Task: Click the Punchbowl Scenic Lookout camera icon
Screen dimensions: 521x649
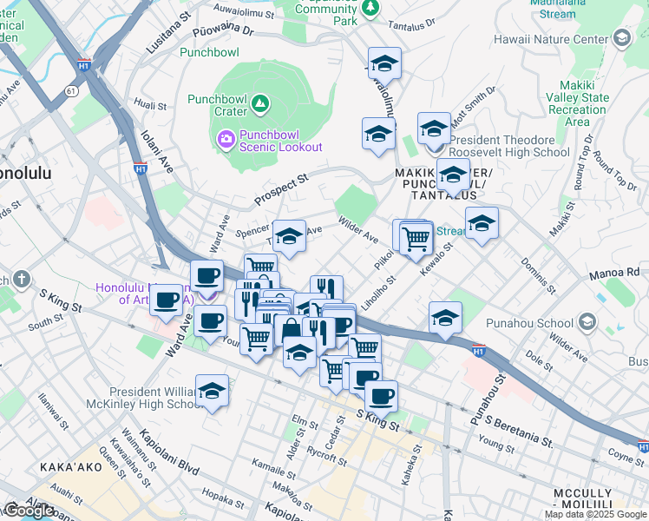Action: [226, 138]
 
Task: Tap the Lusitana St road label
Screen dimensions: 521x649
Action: [168, 34]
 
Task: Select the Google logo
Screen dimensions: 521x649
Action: [29, 511]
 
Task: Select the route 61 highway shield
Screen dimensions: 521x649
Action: [70, 89]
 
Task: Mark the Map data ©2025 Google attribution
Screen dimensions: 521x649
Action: [594, 514]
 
